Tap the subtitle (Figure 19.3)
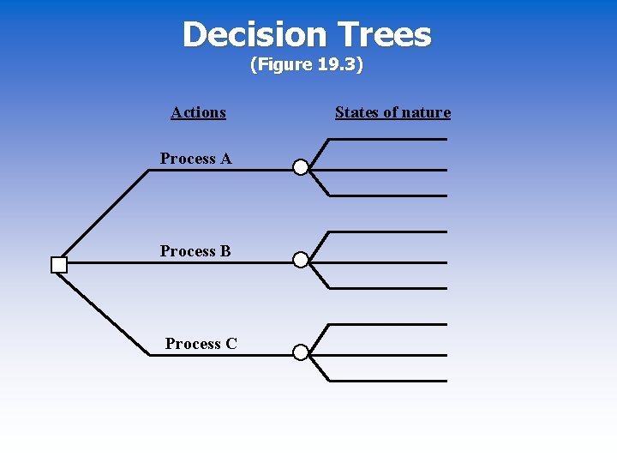click(x=307, y=65)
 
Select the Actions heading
click(x=198, y=112)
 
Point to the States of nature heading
click(x=392, y=112)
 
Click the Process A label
click(x=195, y=159)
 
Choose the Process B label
click(x=195, y=251)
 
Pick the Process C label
click(x=201, y=344)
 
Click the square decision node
click(x=59, y=265)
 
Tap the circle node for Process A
click(x=301, y=167)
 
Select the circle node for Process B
click(x=301, y=260)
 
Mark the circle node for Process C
click(x=301, y=352)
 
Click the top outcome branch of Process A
click(x=386, y=139)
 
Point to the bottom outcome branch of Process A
click(x=386, y=195)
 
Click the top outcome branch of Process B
click(x=386, y=231)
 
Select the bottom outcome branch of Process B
click(x=386, y=288)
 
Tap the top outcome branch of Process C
click(x=386, y=324)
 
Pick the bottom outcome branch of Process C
click(x=386, y=380)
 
